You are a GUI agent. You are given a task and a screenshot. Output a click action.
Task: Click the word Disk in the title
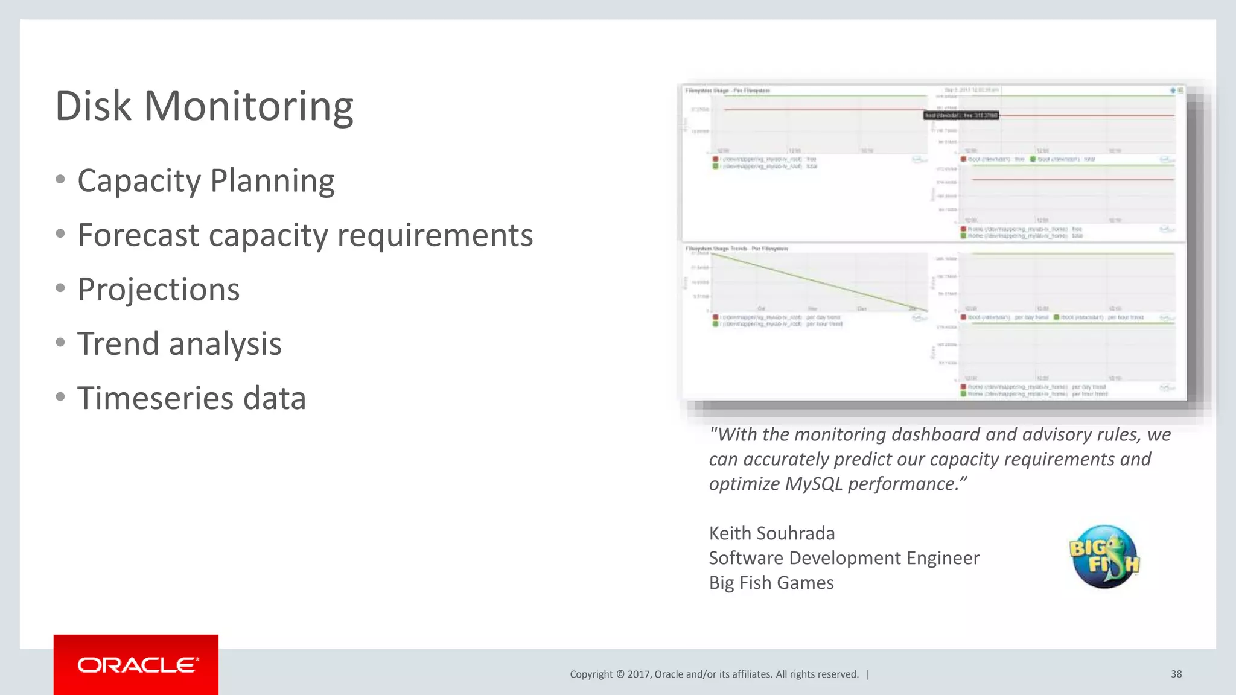[93, 107]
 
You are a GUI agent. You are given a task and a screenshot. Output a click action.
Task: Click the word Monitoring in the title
[248, 107]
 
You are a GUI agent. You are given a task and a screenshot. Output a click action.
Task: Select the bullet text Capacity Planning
[206, 181]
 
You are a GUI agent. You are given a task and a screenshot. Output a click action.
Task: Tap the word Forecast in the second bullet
[138, 235]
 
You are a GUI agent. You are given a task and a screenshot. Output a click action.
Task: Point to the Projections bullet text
[159, 290]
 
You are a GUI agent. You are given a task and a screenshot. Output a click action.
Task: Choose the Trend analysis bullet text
[179, 344]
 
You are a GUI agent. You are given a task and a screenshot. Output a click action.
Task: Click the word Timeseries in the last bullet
[155, 398]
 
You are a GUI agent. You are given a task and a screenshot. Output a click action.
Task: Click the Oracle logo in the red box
[136, 665]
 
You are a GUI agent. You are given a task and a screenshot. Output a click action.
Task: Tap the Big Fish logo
[1104, 556]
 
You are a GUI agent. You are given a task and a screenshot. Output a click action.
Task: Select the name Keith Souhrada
[772, 533]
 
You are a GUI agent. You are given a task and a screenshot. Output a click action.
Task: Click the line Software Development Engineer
[844, 558]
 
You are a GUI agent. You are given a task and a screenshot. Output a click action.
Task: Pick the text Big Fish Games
[771, 583]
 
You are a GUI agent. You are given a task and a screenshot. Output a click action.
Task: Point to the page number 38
[1176, 674]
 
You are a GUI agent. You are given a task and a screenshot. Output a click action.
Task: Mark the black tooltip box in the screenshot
[961, 115]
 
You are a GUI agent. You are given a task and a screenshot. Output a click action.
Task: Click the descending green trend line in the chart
[821, 282]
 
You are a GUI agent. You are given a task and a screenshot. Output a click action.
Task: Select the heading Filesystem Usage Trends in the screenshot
[736, 249]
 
